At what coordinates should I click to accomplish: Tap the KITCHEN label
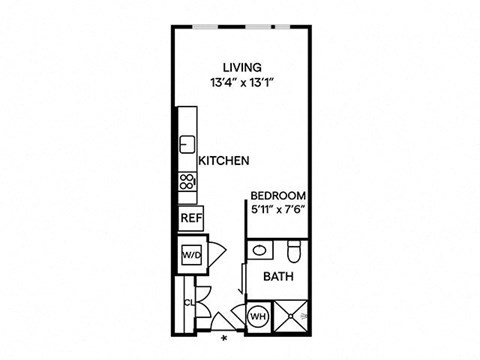click(x=223, y=160)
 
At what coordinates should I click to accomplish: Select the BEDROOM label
click(x=277, y=195)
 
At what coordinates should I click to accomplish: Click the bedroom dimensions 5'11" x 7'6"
click(x=277, y=210)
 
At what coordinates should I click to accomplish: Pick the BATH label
click(x=277, y=277)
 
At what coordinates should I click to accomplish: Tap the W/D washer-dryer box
click(x=190, y=256)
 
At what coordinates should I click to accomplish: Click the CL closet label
click(x=188, y=301)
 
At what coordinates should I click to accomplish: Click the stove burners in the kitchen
click(x=186, y=182)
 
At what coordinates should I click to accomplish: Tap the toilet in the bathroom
click(x=291, y=249)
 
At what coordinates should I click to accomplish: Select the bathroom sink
click(x=258, y=250)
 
